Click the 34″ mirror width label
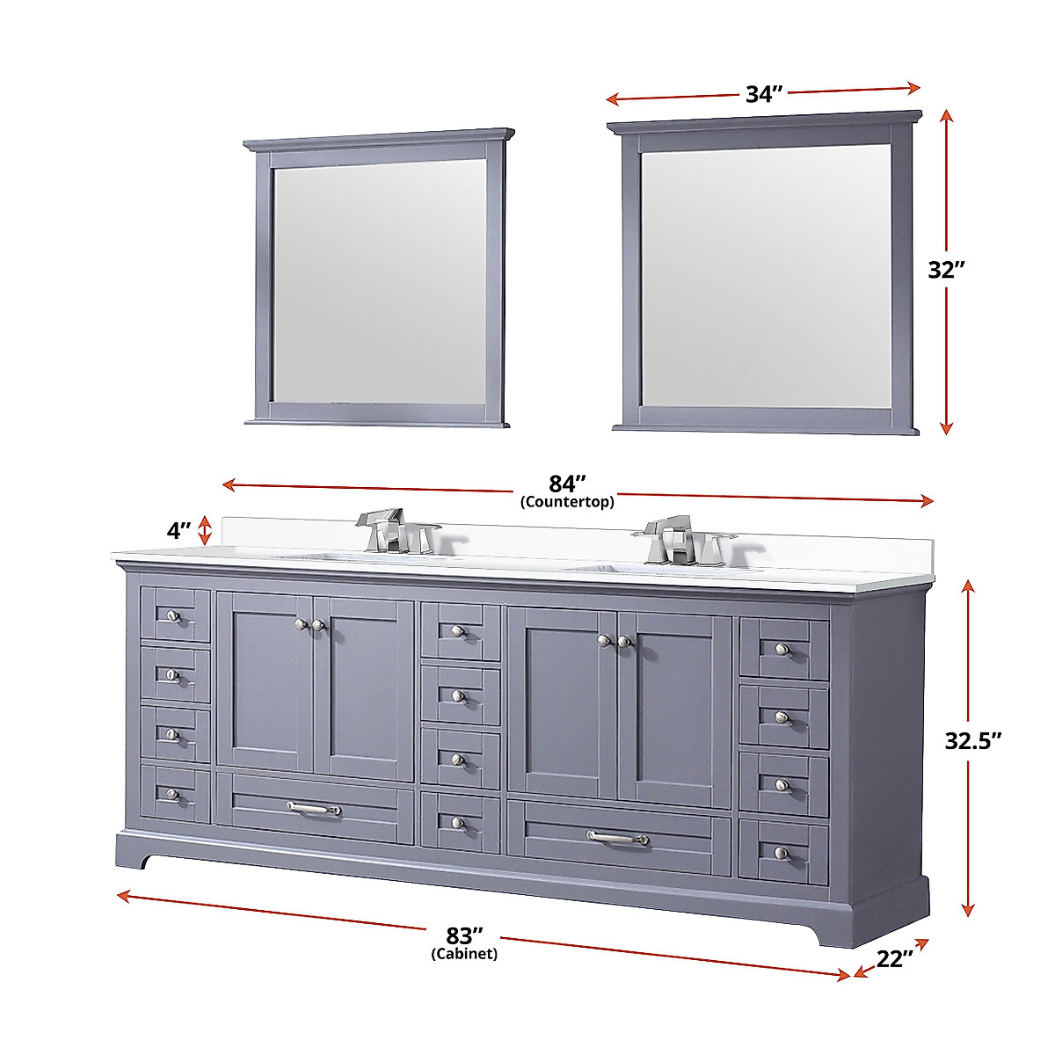764,94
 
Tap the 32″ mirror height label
947,270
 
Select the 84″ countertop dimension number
567,484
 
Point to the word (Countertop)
567,503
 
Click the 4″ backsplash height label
178,531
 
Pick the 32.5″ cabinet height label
973,741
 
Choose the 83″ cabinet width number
465,935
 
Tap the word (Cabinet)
464,954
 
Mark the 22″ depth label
895,959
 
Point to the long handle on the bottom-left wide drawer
314,808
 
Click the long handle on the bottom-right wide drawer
618,839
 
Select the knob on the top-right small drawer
781,649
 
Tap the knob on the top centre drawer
457,630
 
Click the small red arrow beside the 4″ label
205,530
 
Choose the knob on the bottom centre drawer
457,822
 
